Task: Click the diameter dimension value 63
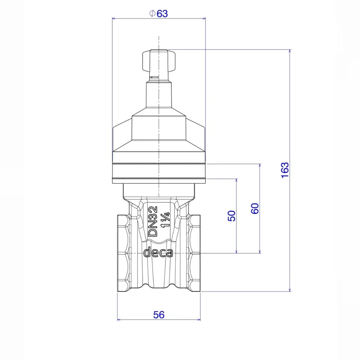[x=162, y=14]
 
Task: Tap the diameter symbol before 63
[x=152, y=13]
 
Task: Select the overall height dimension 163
[x=285, y=170]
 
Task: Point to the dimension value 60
[x=255, y=208]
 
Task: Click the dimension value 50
[x=231, y=216]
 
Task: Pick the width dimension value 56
[x=159, y=315]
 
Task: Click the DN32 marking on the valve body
[x=153, y=221]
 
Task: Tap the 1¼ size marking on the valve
[x=166, y=220]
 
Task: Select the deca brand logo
[x=158, y=253]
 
